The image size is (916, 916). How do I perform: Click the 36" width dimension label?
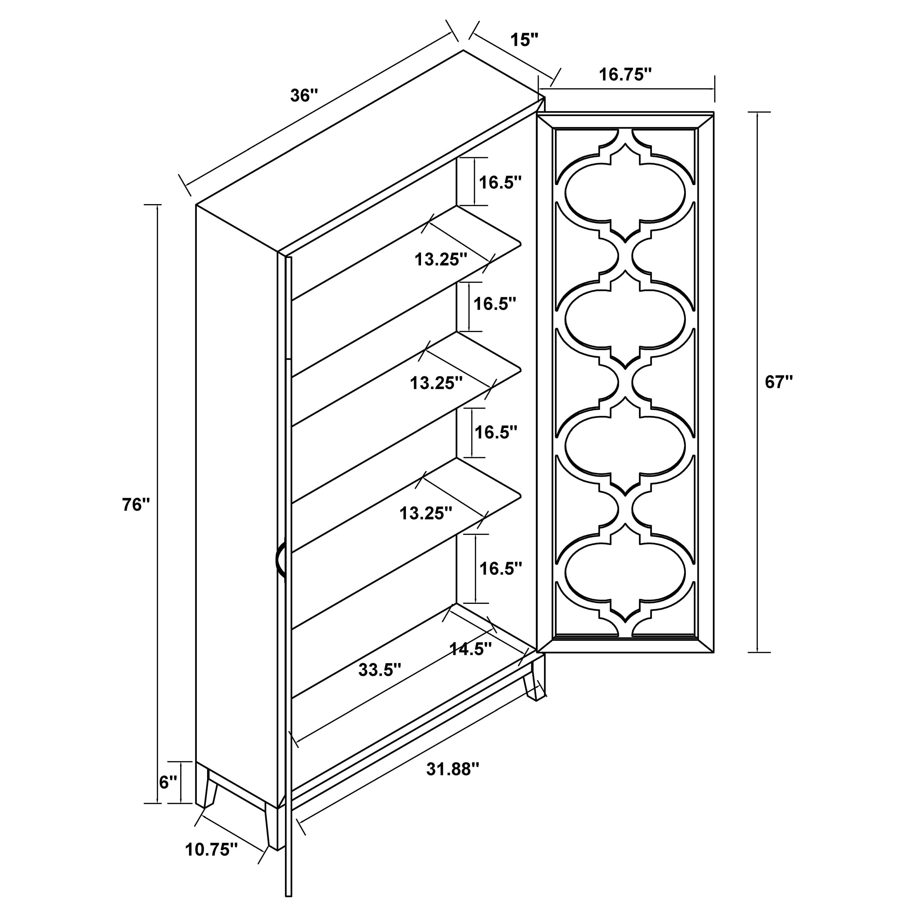pyautogui.click(x=303, y=95)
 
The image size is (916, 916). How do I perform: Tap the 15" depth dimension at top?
pyautogui.click(x=524, y=40)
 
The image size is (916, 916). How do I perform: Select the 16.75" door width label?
pyautogui.click(x=625, y=74)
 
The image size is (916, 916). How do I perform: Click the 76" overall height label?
pyautogui.click(x=136, y=505)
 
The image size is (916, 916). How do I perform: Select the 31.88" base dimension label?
pyautogui.click(x=453, y=769)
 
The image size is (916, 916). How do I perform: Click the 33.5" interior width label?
pyautogui.click(x=380, y=670)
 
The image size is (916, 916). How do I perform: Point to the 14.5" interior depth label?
pyautogui.click(x=470, y=649)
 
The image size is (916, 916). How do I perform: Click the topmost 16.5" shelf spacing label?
pyautogui.click(x=500, y=182)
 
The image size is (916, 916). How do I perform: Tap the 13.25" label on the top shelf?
pyautogui.click(x=441, y=259)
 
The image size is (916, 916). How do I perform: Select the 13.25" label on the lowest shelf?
pyautogui.click(x=426, y=513)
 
